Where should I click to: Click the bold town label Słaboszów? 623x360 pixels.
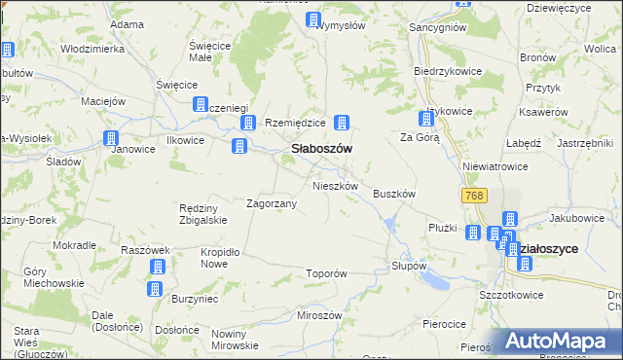tap(321, 148)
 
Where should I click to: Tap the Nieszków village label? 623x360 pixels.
tap(336, 185)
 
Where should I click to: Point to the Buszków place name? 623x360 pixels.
tap(394, 194)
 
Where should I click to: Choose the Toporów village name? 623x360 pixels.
tap(326, 274)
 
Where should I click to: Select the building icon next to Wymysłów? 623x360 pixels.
tap(313, 19)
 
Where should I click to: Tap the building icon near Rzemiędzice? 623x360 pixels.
tap(248, 123)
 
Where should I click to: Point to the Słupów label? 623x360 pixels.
tap(409, 266)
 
